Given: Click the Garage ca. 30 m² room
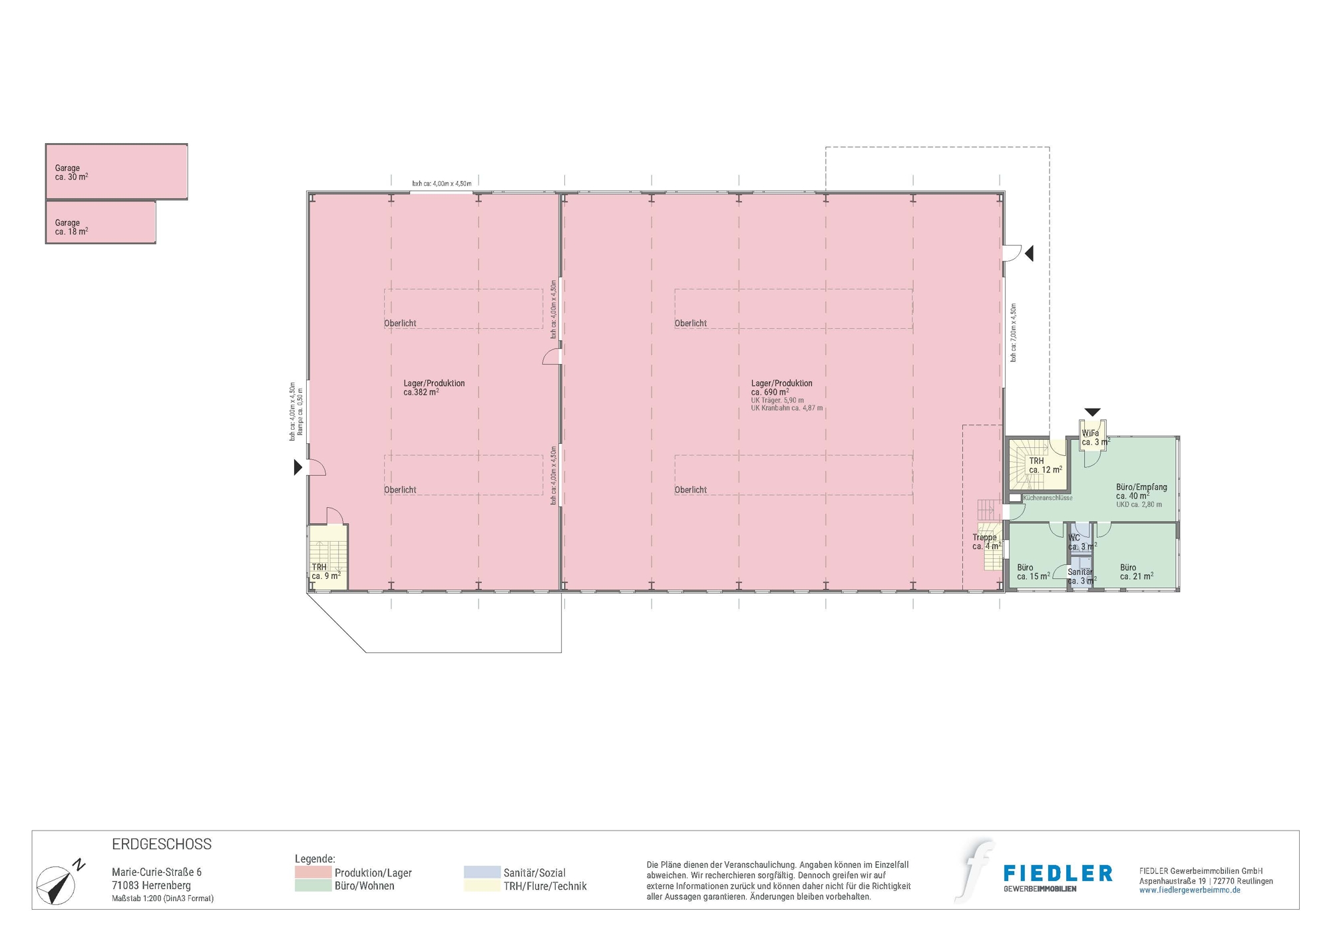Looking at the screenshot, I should click(116, 172).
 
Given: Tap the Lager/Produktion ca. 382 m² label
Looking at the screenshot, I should click(434, 387).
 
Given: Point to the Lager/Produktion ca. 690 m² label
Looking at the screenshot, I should click(782, 387).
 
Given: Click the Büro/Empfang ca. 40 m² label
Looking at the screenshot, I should click(1141, 492).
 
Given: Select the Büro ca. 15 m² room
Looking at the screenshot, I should click(1034, 571).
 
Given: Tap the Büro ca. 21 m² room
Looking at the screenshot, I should click(1136, 571).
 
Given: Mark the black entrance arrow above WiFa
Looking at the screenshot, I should click(1092, 413).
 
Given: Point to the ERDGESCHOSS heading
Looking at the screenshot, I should click(162, 845).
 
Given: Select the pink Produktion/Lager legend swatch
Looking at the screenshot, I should click(313, 872).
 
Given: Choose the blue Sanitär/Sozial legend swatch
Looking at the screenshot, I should click(482, 872).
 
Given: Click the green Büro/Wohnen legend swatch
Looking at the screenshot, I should click(313, 886).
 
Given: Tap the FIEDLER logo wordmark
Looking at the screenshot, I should click(1057, 873).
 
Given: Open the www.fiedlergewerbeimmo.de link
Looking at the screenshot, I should click(1190, 890).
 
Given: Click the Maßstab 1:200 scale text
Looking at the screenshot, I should click(163, 898).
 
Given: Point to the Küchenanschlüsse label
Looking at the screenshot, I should click(1047, 498).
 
